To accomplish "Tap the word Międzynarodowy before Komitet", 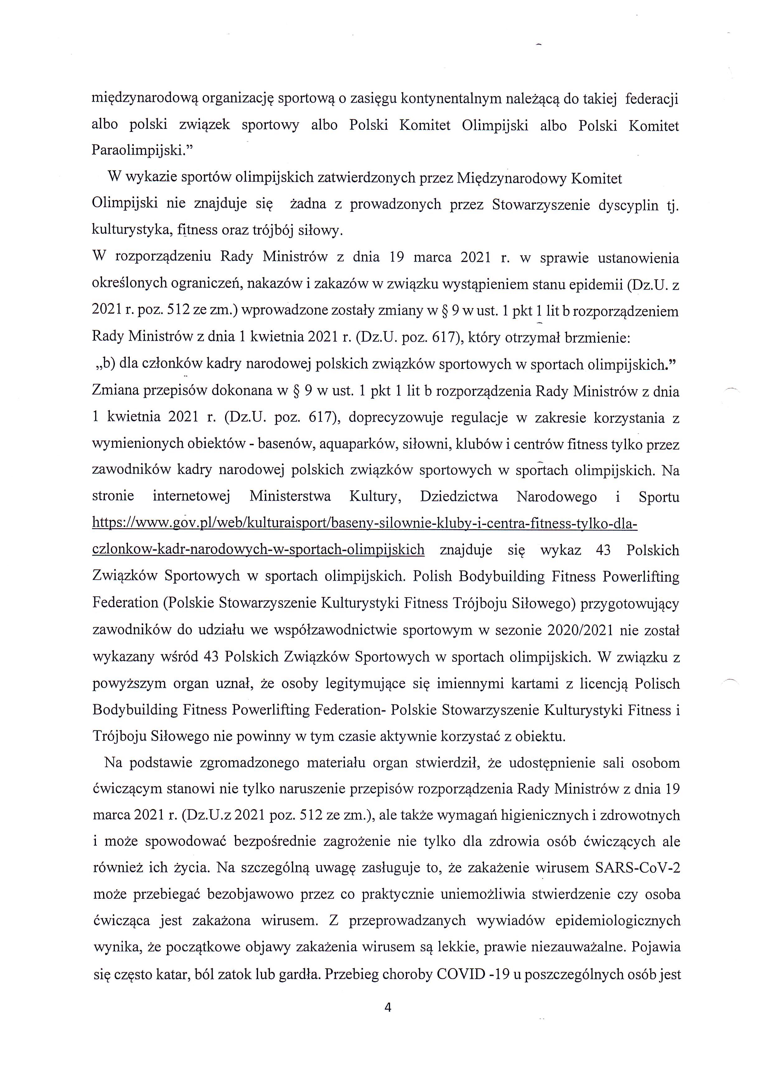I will [x=511, y=178].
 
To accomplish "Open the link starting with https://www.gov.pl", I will [x=365, y=524].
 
